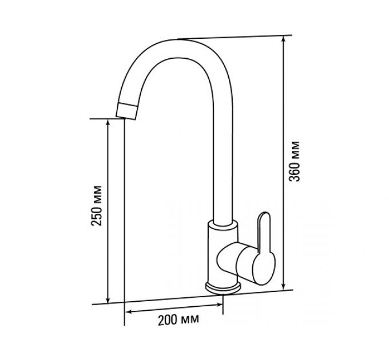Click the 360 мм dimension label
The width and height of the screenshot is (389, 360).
click(295, 161)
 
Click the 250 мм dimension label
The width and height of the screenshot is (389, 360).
click(97, 205)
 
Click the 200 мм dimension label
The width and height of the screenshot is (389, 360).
click(178, 321)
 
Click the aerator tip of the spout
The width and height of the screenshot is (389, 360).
click(126, 111)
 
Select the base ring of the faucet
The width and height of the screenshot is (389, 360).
click(223, 288)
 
